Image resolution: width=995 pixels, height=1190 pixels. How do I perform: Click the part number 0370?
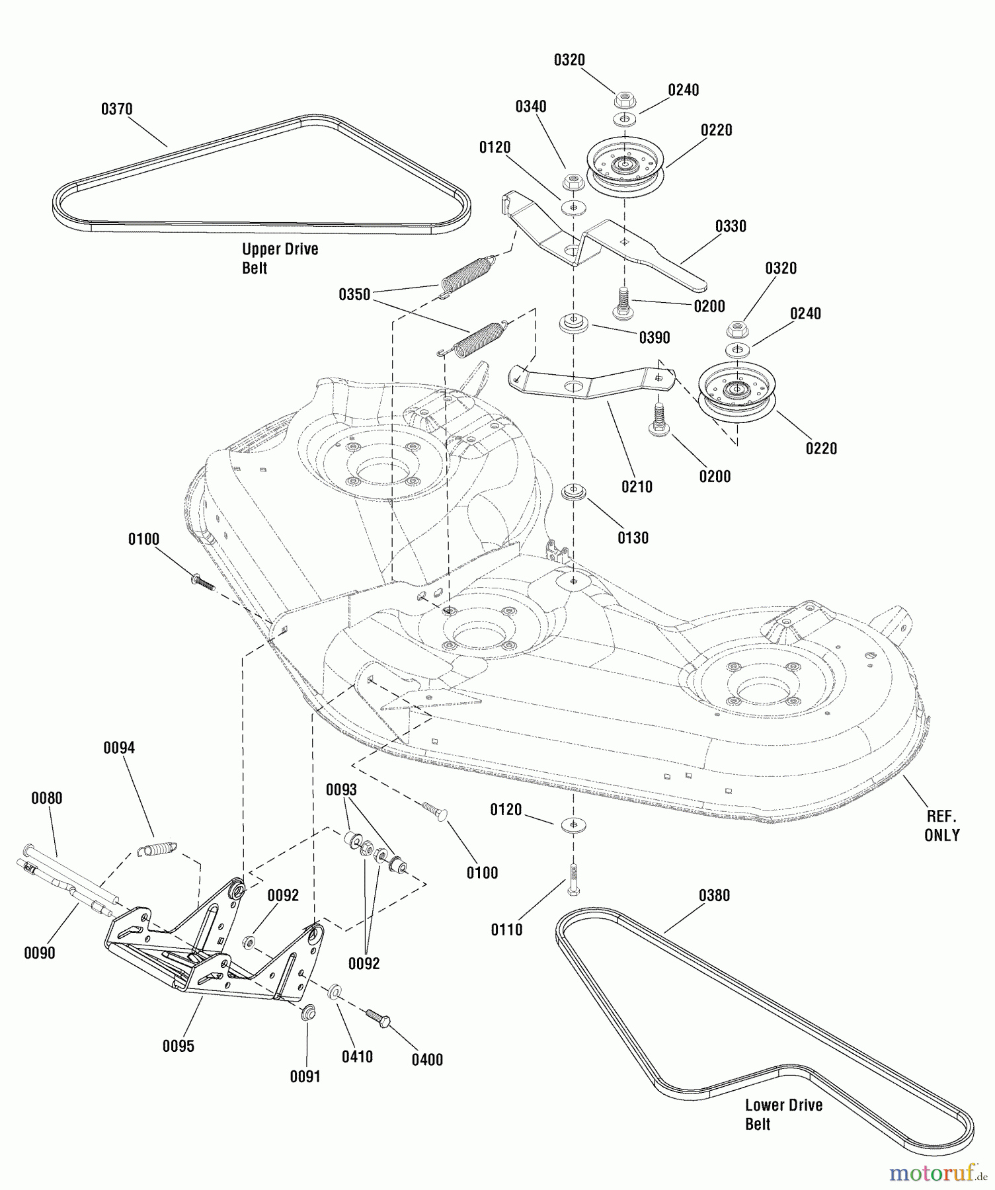(x=116, y=109)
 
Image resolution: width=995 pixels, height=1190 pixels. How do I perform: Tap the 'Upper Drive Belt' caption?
(x=280, y=258)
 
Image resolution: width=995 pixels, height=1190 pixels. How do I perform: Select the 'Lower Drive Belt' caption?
(x=783, y=1115)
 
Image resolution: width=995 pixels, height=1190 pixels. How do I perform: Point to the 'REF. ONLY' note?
(x=941, y=826)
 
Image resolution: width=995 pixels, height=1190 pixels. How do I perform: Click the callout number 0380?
(x=714, y=896)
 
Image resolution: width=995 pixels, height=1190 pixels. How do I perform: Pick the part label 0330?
(x=731, y=226)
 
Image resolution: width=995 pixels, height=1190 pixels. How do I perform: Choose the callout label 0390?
(x=655, y=338)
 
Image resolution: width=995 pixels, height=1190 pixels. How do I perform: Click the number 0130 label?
(x=633, y=538)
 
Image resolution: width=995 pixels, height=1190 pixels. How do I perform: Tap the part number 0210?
(x=637, y=487)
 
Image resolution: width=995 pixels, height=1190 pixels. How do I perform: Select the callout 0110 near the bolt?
(x=506, y=930)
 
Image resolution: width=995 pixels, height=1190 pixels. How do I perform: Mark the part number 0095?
(x=179, y=1047)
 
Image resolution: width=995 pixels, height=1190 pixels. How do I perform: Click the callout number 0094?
(x=119, y=748)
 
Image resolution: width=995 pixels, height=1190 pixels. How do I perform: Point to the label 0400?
(x=427, y=1060)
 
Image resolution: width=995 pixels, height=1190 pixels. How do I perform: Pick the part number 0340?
(x=531, y=107)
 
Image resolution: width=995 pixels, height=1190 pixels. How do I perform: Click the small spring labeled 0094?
(x=157, y=848)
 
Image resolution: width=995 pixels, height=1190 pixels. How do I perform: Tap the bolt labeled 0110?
(x=573, y=879)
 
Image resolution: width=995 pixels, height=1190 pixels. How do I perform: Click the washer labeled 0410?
(x=335, y=991)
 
